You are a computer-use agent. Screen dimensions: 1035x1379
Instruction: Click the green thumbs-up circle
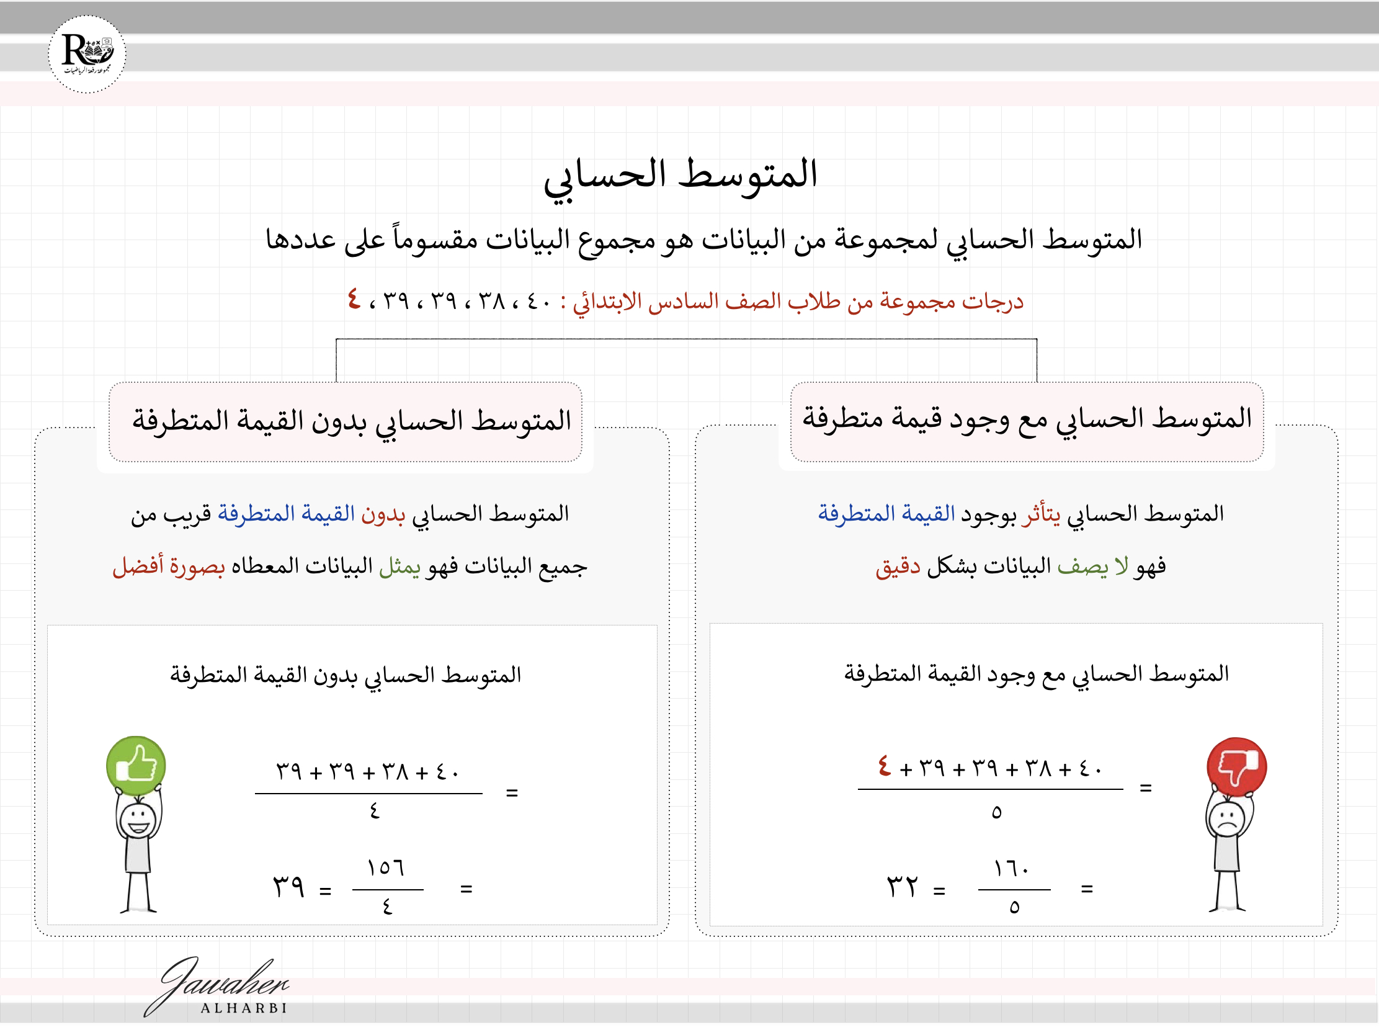pos(136,766)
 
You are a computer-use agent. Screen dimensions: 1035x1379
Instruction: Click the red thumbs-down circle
pos(1237,767)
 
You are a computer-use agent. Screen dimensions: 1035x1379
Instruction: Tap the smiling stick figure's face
pos(138,820)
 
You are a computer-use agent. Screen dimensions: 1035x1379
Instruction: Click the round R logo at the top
pos(87,54)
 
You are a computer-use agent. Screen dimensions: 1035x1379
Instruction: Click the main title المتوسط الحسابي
pos(680,176)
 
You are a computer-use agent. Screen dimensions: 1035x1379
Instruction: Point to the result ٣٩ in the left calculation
pos(288,886)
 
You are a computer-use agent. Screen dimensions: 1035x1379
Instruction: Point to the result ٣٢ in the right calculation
pos(902,886)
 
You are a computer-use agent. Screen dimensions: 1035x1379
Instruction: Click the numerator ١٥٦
pos(386,867)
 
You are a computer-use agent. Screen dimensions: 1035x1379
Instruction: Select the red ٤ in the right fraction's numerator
pos(884,766)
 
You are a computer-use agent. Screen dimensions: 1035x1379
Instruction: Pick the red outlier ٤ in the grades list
pos(354,299)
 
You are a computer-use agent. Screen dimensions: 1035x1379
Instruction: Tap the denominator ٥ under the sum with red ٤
pos(996,812)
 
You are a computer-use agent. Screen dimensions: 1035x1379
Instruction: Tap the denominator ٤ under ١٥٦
pos(387,906)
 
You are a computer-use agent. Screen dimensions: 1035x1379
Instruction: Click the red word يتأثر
pos(1040,514)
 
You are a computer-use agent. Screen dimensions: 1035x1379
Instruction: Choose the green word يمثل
pos(399,566)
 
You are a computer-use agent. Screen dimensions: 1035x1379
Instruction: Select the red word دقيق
pos(898,567)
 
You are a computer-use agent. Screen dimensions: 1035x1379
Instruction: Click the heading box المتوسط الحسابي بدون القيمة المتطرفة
pos(346,421)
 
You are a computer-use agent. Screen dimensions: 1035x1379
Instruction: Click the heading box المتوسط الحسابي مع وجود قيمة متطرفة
pos(1026,420)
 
